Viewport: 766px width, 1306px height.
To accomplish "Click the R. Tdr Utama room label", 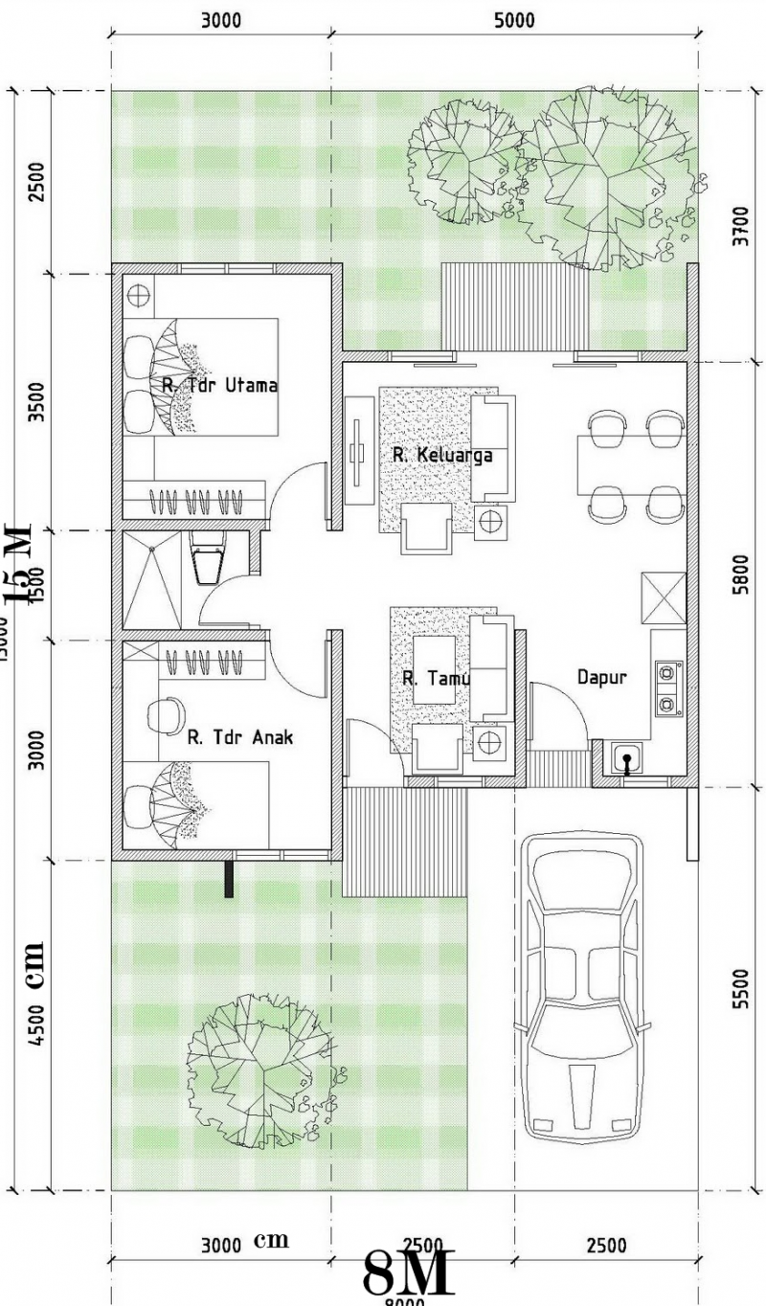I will pos(219,386).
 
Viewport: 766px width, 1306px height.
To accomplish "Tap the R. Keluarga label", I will pos(441,455).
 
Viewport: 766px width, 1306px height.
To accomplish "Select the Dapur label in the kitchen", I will pos(601,677).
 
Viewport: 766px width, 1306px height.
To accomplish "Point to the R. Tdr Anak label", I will pos(239,737).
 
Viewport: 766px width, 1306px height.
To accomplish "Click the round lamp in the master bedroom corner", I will pos(139,295).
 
